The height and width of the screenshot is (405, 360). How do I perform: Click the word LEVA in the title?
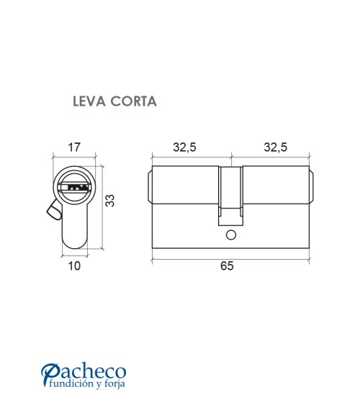point(89,101)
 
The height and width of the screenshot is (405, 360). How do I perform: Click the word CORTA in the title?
point(133,101)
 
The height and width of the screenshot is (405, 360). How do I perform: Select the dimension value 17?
point(73,147)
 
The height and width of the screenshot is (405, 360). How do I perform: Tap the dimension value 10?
point(73,266)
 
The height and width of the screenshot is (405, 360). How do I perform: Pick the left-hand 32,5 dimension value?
point(184,147)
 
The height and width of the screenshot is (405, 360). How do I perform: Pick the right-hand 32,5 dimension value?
point(275,147)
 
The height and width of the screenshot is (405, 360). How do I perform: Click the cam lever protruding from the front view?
point(52,211)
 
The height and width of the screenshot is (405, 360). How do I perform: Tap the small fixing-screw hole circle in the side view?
point(230,235)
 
